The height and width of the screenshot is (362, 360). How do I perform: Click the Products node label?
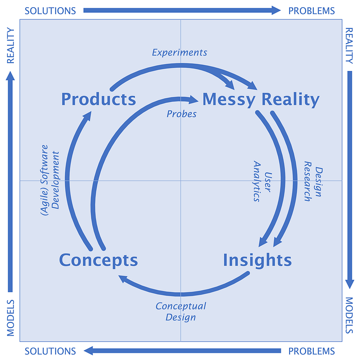pos(99,99)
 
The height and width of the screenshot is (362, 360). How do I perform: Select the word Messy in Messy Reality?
pos(228,100)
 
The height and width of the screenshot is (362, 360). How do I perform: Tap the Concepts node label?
pos(98,260)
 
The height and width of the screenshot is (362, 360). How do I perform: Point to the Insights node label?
pos(257,260)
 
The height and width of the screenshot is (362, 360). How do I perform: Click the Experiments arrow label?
pos(179,52)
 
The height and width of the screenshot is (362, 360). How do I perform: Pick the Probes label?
pos(182,114)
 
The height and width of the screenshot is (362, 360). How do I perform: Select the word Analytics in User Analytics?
pos(257,181)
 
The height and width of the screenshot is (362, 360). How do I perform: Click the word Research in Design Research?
pos(308,181)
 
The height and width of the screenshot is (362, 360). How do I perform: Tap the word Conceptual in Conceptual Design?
pos(181,306)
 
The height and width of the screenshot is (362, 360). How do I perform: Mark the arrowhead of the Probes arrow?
pos(193,100)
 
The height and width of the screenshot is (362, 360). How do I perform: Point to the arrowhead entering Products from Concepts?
pos(87,116)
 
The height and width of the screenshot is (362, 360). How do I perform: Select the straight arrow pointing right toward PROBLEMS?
pos(182,10)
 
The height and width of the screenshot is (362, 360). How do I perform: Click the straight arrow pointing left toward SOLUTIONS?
pos(183,351)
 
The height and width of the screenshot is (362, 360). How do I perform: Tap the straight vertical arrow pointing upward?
pos(10,182)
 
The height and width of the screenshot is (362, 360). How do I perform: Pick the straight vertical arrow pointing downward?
pos(350,180)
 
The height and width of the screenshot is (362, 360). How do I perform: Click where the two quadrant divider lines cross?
pos(181,180)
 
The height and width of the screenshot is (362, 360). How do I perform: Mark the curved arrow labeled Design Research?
pos(295,178)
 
